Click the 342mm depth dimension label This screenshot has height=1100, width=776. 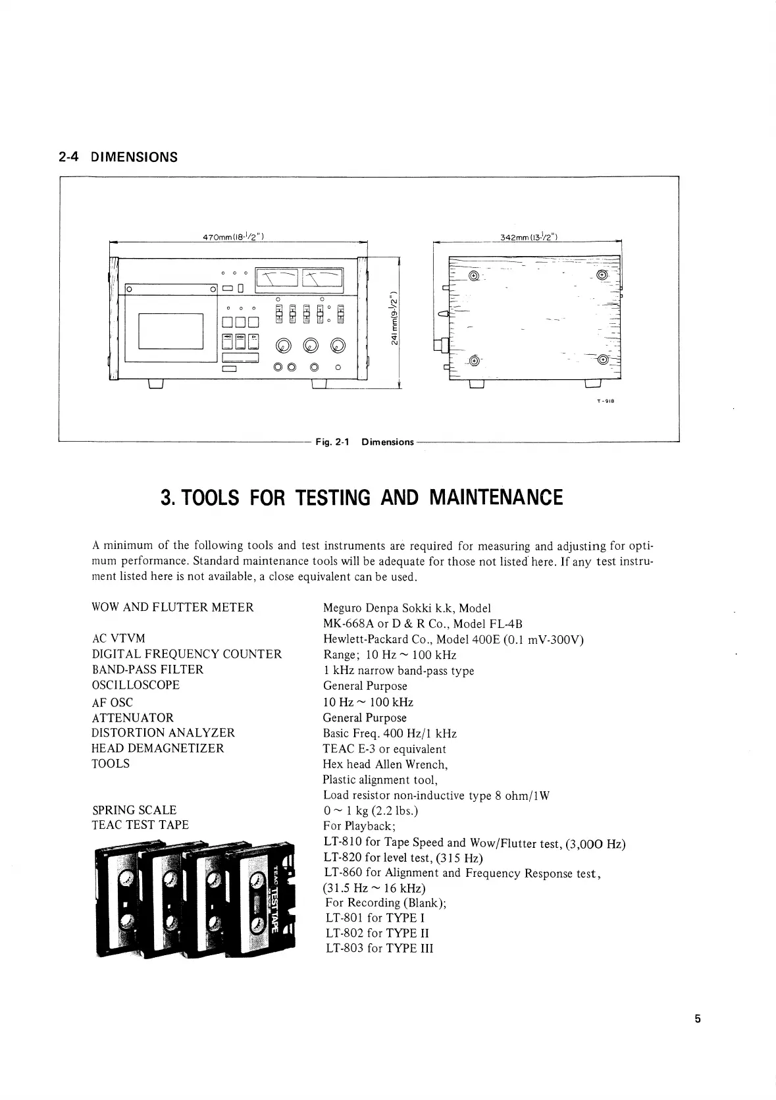tap(529, 236)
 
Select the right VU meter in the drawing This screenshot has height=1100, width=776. tap(322, 281)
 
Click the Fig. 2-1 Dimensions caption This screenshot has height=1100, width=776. tap(365, 442)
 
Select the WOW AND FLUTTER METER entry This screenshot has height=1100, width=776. tap(172, 608)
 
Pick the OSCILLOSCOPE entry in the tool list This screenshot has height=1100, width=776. tap(136, 685)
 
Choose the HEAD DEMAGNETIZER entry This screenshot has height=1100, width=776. tap(158, 748)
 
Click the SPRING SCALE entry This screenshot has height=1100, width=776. tap(134, 810)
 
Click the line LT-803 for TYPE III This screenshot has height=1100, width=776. tap(379, 949)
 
